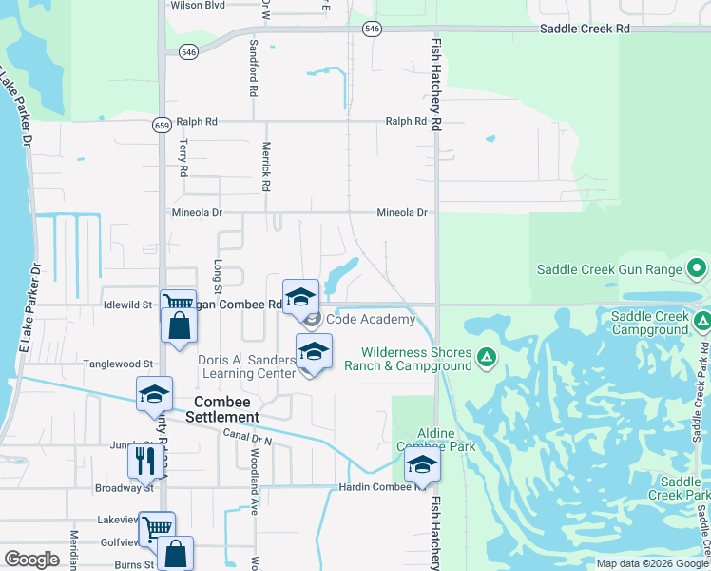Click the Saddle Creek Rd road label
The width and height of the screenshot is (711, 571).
pyautogui.click(x=585, y=29)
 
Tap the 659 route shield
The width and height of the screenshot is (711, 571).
pyautogui.click(x=163, y=124)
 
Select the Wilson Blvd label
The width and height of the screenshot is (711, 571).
pyautogui.click(x=197, y=5)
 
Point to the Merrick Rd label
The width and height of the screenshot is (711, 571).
pyautogui.click(x=267, y=165)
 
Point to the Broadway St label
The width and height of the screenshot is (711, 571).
pyautogui.click(x=124, y=488)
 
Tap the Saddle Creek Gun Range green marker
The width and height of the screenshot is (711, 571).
pyautogui.click(x=697, y=269)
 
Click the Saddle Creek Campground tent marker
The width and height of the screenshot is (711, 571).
pyautogui.click(x=701, y=321)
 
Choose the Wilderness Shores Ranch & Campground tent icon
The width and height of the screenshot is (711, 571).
pyautogui.click(x=486, y=357)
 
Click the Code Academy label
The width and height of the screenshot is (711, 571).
pyautogui.click(x=371, y=320)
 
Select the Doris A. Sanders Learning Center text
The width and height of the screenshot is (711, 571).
pyautogui.click(x=246, y=366)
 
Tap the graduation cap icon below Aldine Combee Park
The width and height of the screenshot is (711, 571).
pyautogui.click(x=420, y=465)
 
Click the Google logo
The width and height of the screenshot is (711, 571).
pyautogui.click(x=31, y=559)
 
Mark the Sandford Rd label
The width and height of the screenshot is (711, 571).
pyautogui.click(x=254, y=67)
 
